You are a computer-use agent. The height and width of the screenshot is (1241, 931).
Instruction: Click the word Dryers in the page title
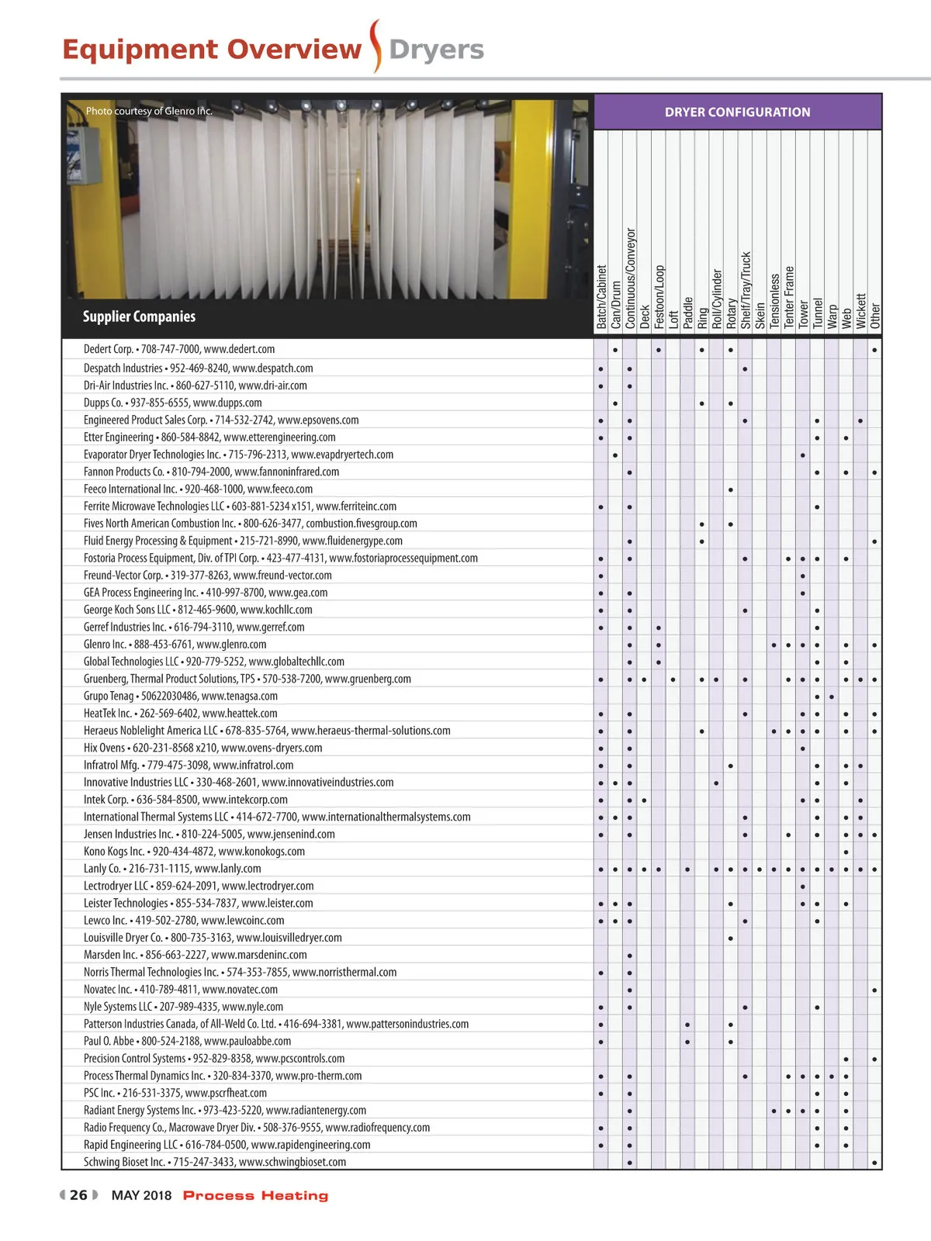point(436,50)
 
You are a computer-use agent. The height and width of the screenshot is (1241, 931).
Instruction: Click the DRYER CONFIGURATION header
point(737,112)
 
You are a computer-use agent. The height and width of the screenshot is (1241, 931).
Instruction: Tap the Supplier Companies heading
point(139,316)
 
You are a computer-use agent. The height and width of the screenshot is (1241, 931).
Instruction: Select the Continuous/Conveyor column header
point(630,278)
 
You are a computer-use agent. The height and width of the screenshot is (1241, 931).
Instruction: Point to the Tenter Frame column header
point(789,297)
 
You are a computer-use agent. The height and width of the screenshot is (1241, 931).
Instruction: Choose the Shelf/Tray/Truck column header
point(746,290)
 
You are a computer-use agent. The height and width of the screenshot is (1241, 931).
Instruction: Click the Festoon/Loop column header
point(659,297)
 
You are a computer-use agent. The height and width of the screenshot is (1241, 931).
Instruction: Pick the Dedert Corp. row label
point(179,350)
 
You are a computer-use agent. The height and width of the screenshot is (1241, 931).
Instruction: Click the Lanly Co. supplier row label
point(172,869)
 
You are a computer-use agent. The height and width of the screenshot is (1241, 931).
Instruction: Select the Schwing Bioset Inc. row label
point(215,1162)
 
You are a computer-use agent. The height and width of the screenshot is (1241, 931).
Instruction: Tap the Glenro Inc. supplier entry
point(175,645)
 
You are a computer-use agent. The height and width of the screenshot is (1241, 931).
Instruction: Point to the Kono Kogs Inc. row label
point(194,852)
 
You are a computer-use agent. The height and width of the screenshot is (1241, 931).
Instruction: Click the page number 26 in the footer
point(78,1195)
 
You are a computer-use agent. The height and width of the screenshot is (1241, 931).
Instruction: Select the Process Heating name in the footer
point(255,1196)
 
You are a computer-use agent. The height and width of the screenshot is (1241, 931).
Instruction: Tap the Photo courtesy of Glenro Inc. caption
point(149,111)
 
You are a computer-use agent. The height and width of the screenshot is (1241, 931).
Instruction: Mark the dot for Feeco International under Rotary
point(731,490)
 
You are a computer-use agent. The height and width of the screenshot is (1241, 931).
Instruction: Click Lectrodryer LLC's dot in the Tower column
point(803,887)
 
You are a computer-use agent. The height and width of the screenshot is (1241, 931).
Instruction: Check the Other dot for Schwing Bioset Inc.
point(875,1163)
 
